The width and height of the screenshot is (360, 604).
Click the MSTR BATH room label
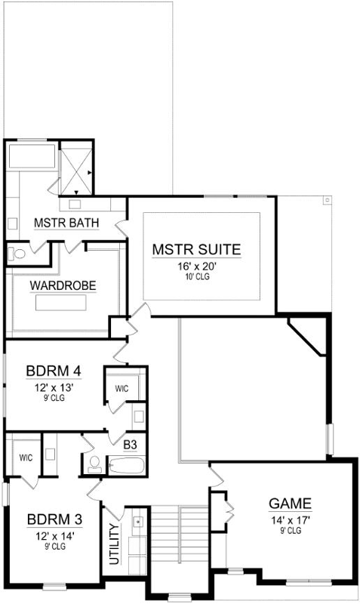pos(63,223)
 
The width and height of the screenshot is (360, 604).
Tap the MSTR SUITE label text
pos(195,248)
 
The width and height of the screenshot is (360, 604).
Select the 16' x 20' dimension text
pos(195,266)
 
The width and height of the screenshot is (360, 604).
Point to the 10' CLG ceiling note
pos(195,277)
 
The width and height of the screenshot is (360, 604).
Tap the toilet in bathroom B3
pos(94,464)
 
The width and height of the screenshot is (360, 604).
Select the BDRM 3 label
pos(52,520)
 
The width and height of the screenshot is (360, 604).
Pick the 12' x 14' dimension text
pos(52,537)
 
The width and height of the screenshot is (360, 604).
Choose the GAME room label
pos(290,504)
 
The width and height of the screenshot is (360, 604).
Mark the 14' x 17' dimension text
pos(290,519)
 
